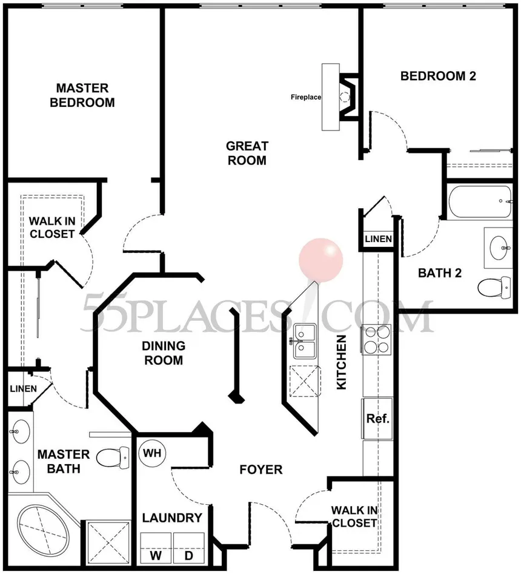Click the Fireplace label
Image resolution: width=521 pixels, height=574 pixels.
pyautogui.click(x=306, y=97)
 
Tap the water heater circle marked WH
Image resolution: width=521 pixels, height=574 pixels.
pyautogui.click(x=152, y=453)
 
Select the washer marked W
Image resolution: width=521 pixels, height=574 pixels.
pyautogui.click(x=156, y=548)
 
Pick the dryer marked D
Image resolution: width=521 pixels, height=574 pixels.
pyautogui.click(x=188, y=548)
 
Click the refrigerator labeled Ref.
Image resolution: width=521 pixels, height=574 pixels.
pyautogui.click(x=377, y=419)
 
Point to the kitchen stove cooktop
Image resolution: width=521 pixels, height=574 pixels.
pyautogui.click(x=377, y=339)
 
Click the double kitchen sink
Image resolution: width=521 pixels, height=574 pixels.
pyautogui.click(x=305, y=341)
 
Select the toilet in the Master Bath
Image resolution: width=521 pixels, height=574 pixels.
pyautogui.click(x=113, y=458)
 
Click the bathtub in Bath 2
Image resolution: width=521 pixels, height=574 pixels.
pyautogui.click(x=480, y=201)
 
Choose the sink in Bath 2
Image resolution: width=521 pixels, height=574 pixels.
pyautogui.click(x=499, y=248)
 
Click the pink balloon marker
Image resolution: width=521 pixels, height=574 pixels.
pyautogui.click(x=320, y=260)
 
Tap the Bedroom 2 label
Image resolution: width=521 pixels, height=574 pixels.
pyautogui.click(x=438, y=76)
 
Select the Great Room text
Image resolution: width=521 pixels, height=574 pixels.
pyautogui.click(x=247, y=153)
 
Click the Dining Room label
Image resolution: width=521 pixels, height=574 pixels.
pyautogui.click(x=164, y=353)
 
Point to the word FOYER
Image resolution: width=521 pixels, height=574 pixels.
pyautogui.click(x=261, y=470)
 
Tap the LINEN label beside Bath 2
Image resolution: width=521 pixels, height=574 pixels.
pyautogui.click(x=379, y=239)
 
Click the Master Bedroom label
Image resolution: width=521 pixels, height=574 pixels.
pyautogui.click(x=82, y=95)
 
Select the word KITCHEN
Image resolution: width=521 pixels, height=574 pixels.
pyautogui.click(x=341, y=362)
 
